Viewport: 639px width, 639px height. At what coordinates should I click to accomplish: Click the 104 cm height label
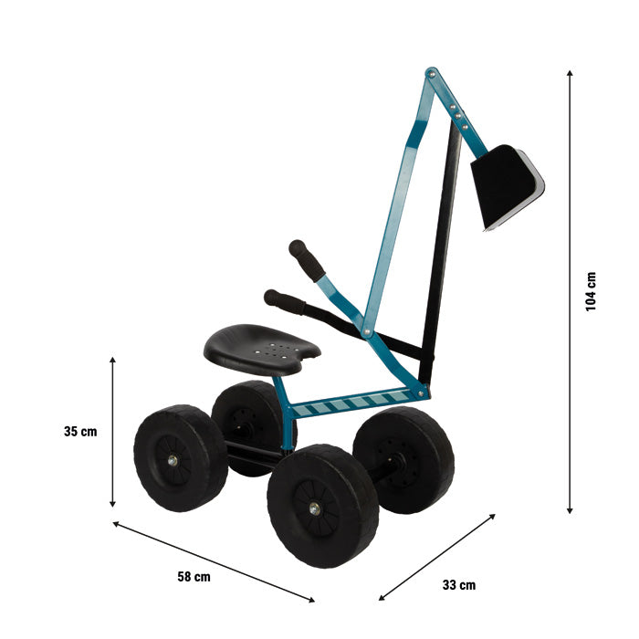pyautogui.click(x=591, y=291)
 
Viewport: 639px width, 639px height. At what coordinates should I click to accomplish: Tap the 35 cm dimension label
pyautogui.click(x=80, y=432)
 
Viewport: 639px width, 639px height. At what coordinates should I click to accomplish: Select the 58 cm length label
pyautogui.click(x=194, y=576)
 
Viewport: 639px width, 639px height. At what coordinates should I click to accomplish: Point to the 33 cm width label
pyautogui.click(x=458, y=585)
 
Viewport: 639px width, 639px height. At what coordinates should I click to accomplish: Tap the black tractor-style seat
pyautogui.click(x=261, y=347)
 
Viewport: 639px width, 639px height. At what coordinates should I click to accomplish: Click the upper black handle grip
pyautogui.click(x=307, y=261)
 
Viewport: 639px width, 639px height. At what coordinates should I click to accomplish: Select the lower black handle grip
pyautogui.click(x=284, y=301)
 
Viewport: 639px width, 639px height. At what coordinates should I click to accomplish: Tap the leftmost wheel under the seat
pyautogui.click(x=180, y=457)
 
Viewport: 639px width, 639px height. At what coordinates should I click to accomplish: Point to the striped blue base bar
pyautogui.click(x=356, y=403)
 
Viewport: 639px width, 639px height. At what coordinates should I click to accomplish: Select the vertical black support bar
pyautogui.click(x=440, y=256)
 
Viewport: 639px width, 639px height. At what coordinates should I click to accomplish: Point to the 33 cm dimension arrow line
pyautogui.click(x=437, y=557)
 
